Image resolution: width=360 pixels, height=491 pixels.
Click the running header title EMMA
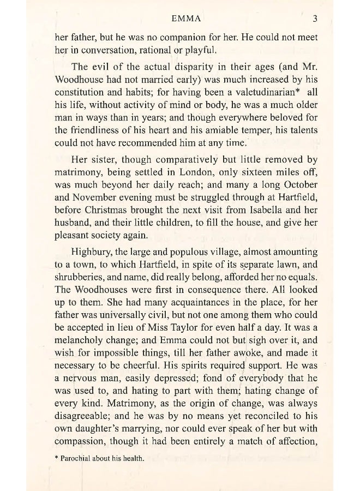(x=187, y=19)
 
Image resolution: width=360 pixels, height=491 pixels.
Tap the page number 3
(x=315, y=19)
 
